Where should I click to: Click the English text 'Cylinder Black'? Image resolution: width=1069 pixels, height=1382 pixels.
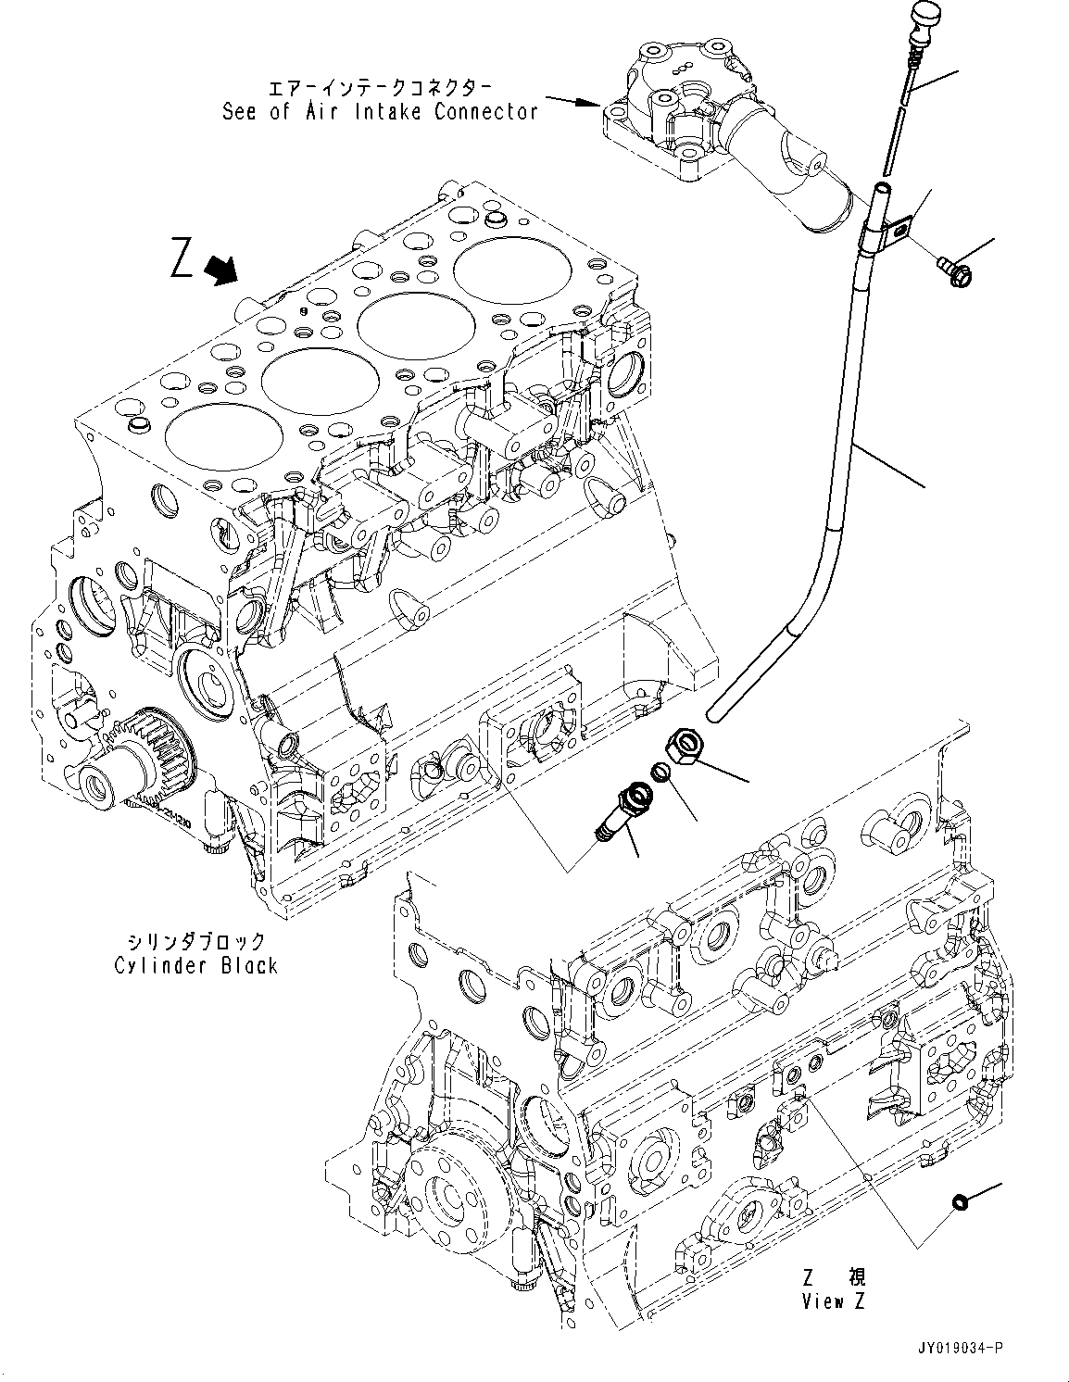pyautogui.click(x=195, y=965)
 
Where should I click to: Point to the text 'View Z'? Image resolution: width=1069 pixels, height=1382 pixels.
pyautogui.click(x=834, y=1300)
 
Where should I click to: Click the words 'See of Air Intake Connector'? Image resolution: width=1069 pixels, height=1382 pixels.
pyautogui.click(x=380, y=112)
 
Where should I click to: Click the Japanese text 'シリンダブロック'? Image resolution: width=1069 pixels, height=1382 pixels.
pyautogui.click(x=195, y=941)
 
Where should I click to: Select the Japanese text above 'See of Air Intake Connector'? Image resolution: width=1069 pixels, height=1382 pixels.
pyautogui.click(x=380, y=88)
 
